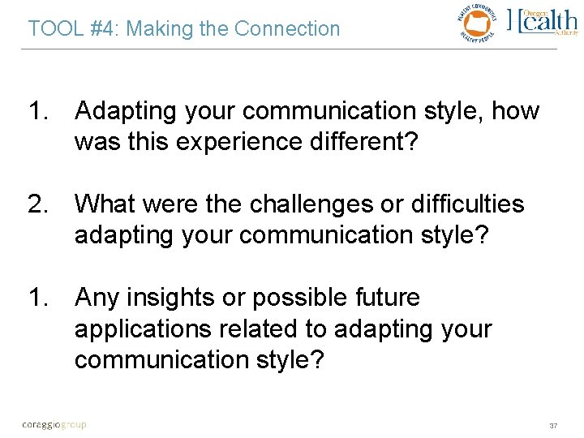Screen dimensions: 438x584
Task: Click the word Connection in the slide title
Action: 287,29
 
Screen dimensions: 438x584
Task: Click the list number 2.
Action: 38,204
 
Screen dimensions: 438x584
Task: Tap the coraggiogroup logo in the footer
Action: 54,423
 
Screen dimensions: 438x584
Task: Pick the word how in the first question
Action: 515,111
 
